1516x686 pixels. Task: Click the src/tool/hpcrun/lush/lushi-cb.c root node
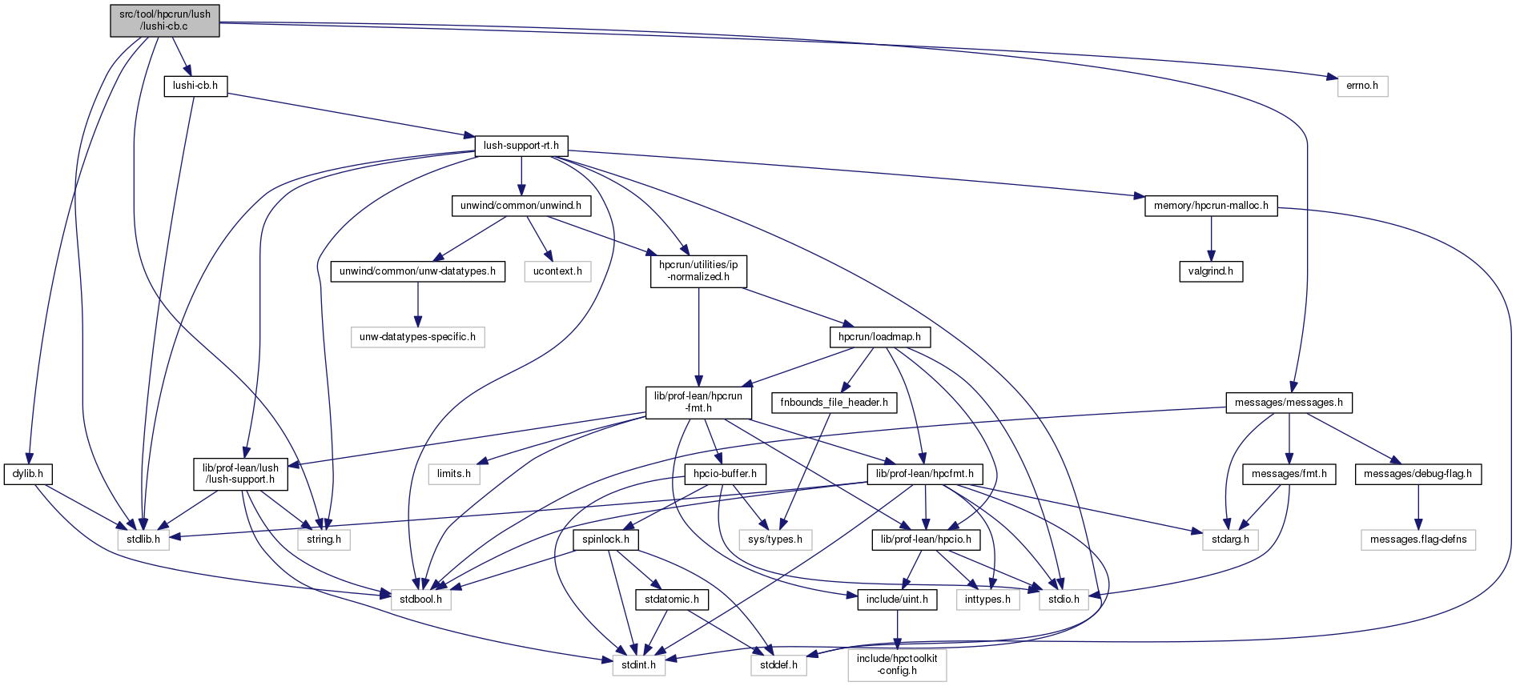click(x=165, y=21)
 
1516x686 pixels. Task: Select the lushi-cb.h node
click(x=195, y=86)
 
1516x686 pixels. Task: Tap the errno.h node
click(x=1362, y=86)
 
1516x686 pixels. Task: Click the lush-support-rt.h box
click(x=521, y=146)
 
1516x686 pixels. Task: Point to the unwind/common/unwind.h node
click(x=521, y=206)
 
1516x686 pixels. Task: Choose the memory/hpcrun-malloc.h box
click(x=1211, y=206)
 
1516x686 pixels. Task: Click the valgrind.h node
click(x=1211, y=271)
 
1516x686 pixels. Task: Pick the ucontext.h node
click(x=557, y=271)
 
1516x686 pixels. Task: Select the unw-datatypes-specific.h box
click(x=417, y=337)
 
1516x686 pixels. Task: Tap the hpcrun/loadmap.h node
click(x=879, y=337)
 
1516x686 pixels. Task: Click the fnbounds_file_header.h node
click(x=834, y=403)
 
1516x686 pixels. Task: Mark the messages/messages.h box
click(x=1289, y=403)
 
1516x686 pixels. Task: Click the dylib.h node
click(x=28, y=474)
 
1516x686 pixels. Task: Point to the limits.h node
click(x=454, y=474)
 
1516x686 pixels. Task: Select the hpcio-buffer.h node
click(x=725, y=474)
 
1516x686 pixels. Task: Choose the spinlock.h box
click(x=605, y=540)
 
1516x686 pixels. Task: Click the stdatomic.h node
click(x=671, y=600)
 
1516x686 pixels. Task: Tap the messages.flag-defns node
click(x=1418, y=540)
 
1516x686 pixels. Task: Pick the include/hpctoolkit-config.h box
click(x=897, y=664)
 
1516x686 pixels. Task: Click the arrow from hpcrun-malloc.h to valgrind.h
click(x=1211, y=239)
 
